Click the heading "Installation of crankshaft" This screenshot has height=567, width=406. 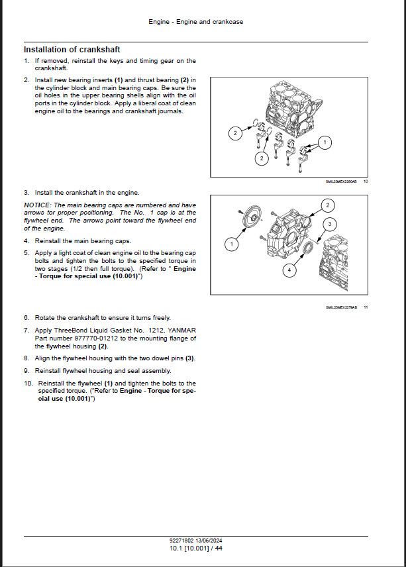point(72,50)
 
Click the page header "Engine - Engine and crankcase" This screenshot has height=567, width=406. point(195,22)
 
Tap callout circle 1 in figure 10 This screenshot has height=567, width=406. point(325,142)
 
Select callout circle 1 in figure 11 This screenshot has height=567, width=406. point(231,245)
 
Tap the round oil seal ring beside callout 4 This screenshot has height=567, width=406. point(307,247)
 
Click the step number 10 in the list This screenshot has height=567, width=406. point(28,384)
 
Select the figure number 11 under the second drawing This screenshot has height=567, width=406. point(366,307)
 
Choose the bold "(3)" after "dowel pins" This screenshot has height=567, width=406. point(189,358)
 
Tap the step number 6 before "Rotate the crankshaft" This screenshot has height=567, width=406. point(26,318)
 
